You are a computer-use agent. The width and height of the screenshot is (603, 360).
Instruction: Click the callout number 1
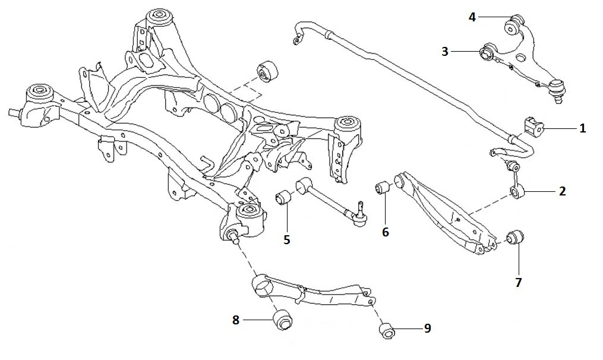(583, 128)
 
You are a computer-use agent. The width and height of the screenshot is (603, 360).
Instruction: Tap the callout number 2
(562, 191)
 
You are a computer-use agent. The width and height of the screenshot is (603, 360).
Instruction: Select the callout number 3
(445, 51)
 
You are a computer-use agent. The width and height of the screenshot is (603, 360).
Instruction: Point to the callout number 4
(472, 17)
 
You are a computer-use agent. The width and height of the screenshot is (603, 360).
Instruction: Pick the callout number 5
(287, 239)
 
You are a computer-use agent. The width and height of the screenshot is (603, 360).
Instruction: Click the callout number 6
(386, 232)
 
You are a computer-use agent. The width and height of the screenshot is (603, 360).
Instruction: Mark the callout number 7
(519, 282)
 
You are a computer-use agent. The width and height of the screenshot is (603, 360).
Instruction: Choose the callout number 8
(236, 320)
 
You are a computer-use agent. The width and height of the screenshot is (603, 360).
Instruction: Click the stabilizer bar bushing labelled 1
(533, 127)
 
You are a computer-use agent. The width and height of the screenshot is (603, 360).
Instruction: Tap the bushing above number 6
(383, 188)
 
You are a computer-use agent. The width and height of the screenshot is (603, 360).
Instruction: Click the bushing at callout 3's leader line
(488, 52)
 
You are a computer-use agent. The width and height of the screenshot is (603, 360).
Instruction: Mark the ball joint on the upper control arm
(556, 89)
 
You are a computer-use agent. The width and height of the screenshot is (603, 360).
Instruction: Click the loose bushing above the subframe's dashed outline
(268, 71)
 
